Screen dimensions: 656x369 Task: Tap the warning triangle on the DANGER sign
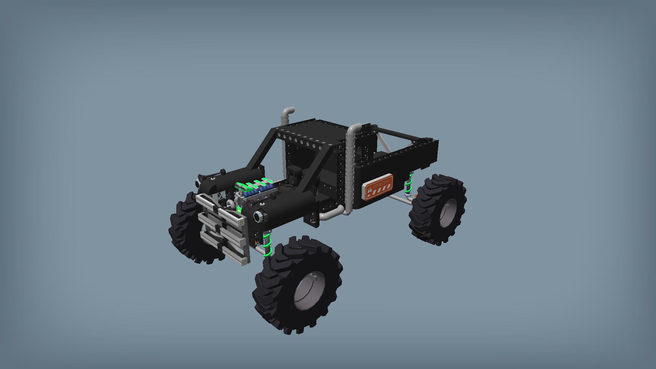coord(369,189)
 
